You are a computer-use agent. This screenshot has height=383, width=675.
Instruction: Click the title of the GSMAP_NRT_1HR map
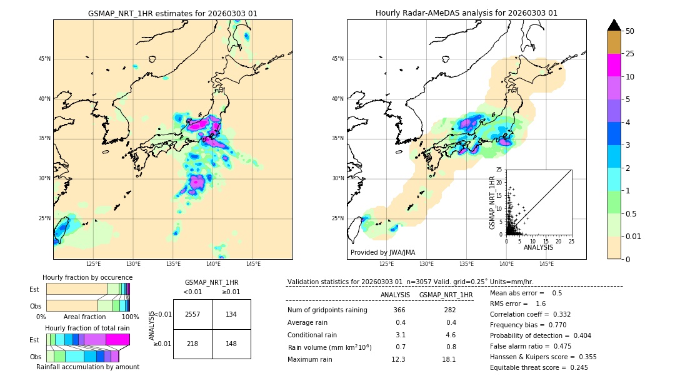172,13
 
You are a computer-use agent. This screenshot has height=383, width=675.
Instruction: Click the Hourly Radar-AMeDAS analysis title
466,13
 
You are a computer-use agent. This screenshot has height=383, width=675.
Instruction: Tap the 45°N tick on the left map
44,59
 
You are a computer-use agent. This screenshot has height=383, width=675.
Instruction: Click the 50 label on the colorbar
630,31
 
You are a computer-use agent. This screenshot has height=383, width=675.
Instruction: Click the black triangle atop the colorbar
614,25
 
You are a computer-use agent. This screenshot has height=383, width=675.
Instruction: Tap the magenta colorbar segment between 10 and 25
614,65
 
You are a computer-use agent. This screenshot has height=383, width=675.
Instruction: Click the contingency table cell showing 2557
192,314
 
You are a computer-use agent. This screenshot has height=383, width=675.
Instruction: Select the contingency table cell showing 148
231,344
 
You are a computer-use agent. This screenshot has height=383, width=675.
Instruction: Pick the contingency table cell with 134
231,314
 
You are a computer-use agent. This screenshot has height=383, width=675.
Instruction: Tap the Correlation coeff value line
529,314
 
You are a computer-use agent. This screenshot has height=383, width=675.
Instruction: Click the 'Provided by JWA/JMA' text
382,253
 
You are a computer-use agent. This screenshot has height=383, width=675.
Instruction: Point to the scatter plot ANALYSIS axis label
538,247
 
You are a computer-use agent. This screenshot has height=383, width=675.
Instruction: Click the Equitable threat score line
539,367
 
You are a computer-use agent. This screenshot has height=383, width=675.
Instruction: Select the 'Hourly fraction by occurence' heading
87,277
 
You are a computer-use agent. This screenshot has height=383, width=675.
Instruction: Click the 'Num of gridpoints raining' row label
327,310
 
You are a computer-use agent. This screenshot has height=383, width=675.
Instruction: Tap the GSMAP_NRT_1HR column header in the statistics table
446,295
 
